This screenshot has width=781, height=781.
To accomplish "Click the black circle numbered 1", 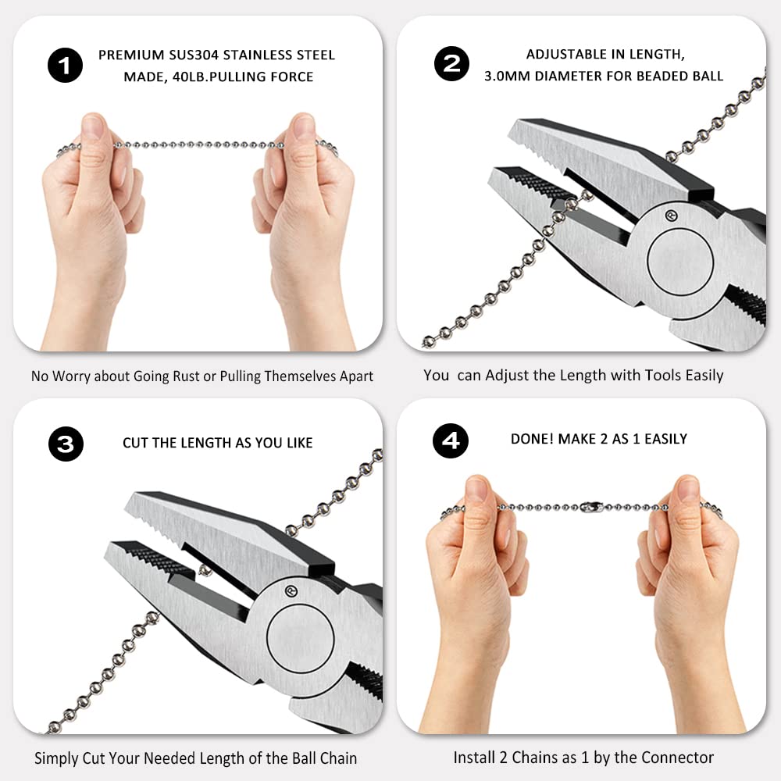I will [65, 66].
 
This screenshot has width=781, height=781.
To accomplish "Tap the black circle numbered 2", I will [451, 64].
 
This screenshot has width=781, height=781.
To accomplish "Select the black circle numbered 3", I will [65, 444].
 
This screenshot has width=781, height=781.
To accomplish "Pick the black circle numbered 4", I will [451, 440].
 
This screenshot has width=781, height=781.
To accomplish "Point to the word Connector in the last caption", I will [677, 757].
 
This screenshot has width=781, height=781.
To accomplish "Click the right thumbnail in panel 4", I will [687, 489].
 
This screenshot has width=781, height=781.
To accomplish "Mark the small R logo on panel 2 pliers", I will [669, 214].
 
